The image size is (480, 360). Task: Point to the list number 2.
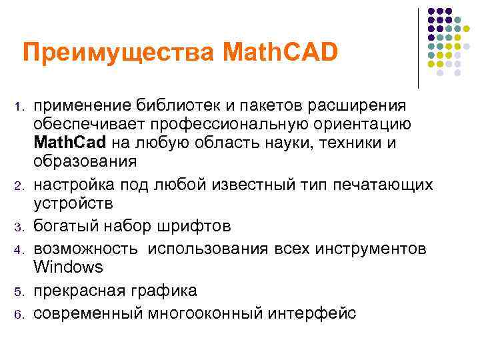[x=20, y=184]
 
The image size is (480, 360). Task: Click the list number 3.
[x=20, y=227]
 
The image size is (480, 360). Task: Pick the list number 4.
[x=20, y=249]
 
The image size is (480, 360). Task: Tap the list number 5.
[x=20, y=292]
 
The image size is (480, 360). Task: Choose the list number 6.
[x=20, y=314]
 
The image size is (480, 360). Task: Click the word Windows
[x=69, y=267]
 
